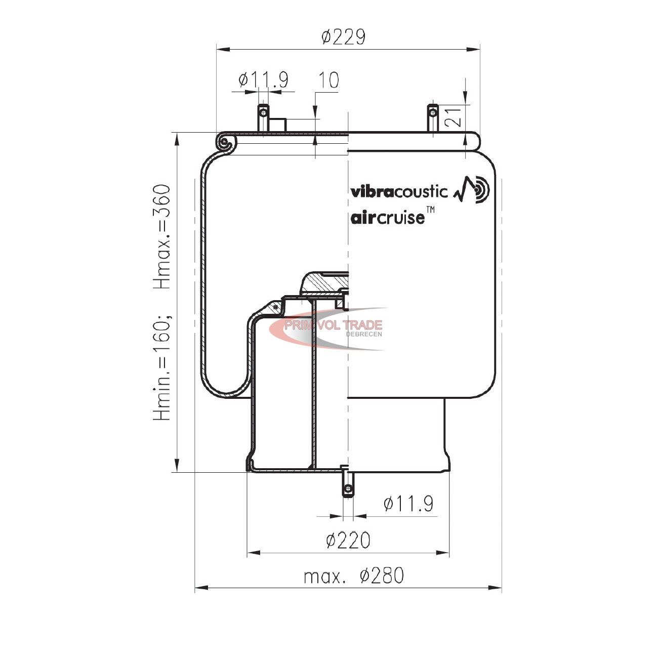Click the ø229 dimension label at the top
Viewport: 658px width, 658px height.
(344, 37)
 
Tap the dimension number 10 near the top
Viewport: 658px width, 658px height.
(328, 80)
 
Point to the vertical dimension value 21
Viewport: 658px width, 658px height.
(453, 116)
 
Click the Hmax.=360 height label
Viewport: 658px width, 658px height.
(162, 236)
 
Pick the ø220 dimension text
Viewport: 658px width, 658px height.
(348, 540)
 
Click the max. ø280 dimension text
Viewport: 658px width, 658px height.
(354, 575)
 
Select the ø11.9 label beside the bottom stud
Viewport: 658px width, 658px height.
(408, 504)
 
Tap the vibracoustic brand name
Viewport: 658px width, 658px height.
(399, 192)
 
